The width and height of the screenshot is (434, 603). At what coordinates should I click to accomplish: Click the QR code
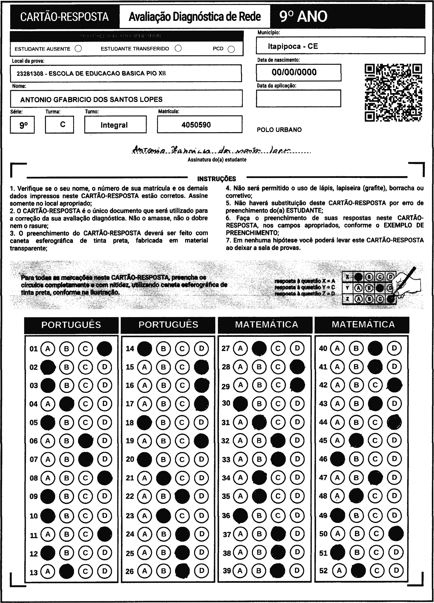[x=393, y=93]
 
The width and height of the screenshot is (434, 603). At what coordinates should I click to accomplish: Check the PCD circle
[x=231, y=50]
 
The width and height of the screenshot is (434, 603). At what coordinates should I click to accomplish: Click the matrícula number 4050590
[x=196, y=125]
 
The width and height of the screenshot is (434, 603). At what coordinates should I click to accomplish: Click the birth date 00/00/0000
[x=294, y=72]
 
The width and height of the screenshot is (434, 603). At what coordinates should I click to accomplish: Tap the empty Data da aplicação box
[x=298, y=98]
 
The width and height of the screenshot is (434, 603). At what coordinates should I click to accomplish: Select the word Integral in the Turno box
[x=114, y=125]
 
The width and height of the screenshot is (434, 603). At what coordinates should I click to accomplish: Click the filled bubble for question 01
[x=104, y=349]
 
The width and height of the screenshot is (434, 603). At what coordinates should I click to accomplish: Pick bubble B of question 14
[x=164, y=348]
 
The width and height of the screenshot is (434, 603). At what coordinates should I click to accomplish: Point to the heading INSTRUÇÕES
[x=217, y=179]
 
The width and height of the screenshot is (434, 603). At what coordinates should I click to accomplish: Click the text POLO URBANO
[x=279, y=130]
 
